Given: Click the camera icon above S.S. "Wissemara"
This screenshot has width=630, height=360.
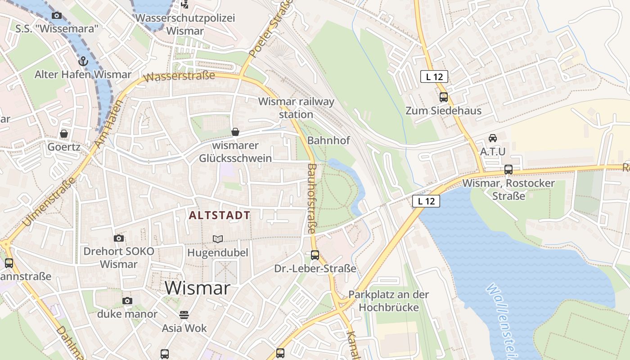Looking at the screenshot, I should point(56,16).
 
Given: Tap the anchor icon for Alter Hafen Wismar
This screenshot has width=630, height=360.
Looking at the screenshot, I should point(83,61).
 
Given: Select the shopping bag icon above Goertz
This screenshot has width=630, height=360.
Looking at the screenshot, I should point(64,134).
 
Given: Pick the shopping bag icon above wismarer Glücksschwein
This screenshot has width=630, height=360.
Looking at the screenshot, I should point(235,132).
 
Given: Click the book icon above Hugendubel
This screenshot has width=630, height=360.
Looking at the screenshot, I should point(218,239).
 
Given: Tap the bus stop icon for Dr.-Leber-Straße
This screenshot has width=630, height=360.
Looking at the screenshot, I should point(315,255).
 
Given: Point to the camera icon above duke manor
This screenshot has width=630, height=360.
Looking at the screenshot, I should point(127,301).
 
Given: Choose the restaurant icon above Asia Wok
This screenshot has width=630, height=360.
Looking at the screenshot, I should point(184,315).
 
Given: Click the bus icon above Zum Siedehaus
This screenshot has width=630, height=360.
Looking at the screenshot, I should point(444,97).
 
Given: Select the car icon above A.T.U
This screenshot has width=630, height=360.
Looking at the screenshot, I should point(493,138).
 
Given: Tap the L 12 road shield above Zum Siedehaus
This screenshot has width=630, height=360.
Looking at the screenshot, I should point(434,76).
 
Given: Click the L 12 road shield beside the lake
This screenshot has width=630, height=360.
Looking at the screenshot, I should point(426,201).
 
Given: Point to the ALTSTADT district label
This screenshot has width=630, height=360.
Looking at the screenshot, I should point(220,215).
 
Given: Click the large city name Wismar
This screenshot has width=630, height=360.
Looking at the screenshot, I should point(198,288).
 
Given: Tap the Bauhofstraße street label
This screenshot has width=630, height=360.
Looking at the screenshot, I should point(312,198).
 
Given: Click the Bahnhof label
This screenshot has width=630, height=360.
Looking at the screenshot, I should point(328,140).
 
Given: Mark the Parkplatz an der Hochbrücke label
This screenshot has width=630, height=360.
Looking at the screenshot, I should point(389,301).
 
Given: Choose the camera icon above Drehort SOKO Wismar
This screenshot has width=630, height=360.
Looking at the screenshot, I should point(119,238).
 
